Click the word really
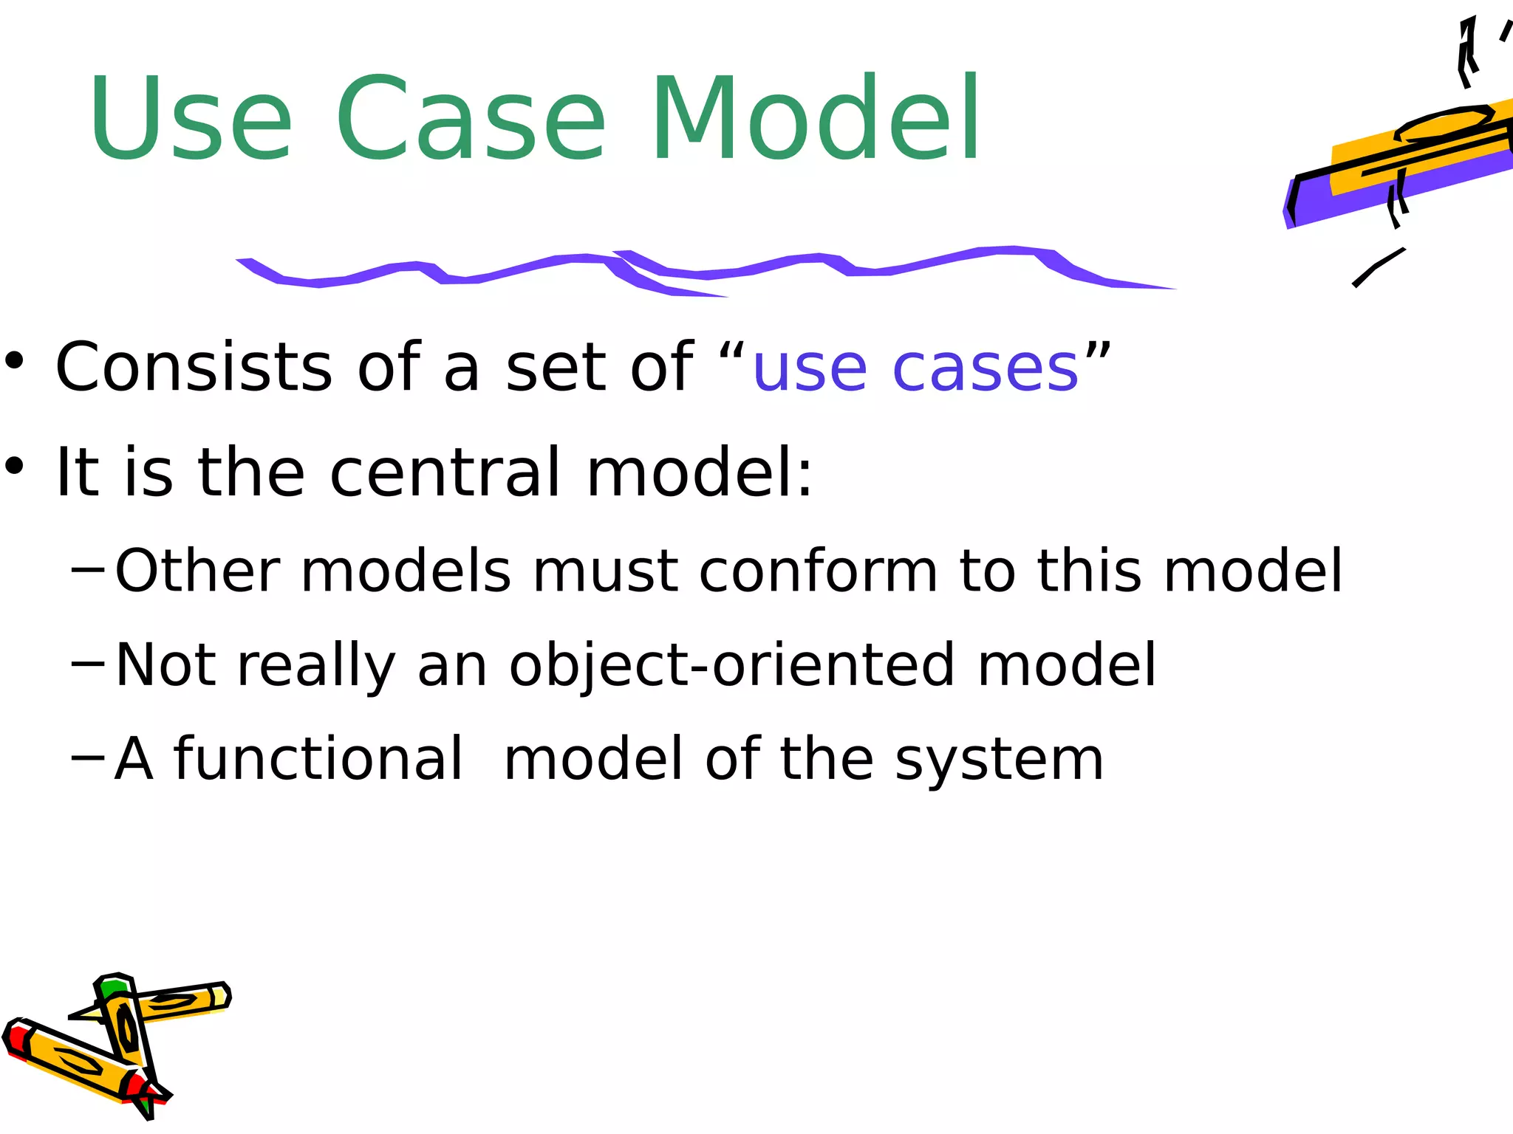[316, 667]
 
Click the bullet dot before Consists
[16, 362]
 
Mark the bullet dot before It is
[16, 467]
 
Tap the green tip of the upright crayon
[114, 988]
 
